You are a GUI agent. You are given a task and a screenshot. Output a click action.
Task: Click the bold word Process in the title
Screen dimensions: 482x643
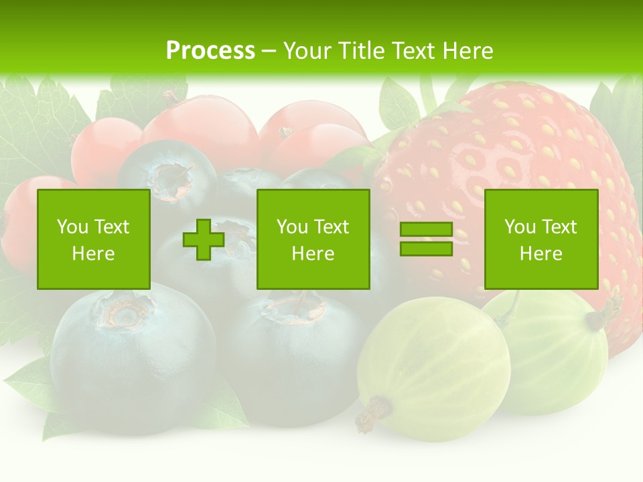click(210, 51)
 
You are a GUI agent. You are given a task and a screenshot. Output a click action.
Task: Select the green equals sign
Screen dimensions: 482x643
click(426, 239)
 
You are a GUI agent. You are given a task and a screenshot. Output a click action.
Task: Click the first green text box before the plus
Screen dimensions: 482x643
click(94, 239)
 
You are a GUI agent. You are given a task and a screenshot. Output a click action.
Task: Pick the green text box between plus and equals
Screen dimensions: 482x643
click(313, 239)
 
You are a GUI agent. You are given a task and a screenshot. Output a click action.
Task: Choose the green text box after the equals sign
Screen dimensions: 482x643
click(541, 239)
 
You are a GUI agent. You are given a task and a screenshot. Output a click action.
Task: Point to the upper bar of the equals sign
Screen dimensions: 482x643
click(426, 230)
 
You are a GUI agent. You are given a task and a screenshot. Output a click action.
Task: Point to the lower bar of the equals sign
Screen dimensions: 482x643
click(426, 248)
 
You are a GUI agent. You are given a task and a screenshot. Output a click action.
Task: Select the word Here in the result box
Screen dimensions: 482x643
click(541, 253)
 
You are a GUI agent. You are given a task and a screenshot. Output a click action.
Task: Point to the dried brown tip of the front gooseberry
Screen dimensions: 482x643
click(372, 415)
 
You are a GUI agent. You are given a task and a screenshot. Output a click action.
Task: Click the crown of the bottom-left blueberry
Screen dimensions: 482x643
click(124, 311)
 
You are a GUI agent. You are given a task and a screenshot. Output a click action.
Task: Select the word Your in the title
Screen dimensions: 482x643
click(307, 51)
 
